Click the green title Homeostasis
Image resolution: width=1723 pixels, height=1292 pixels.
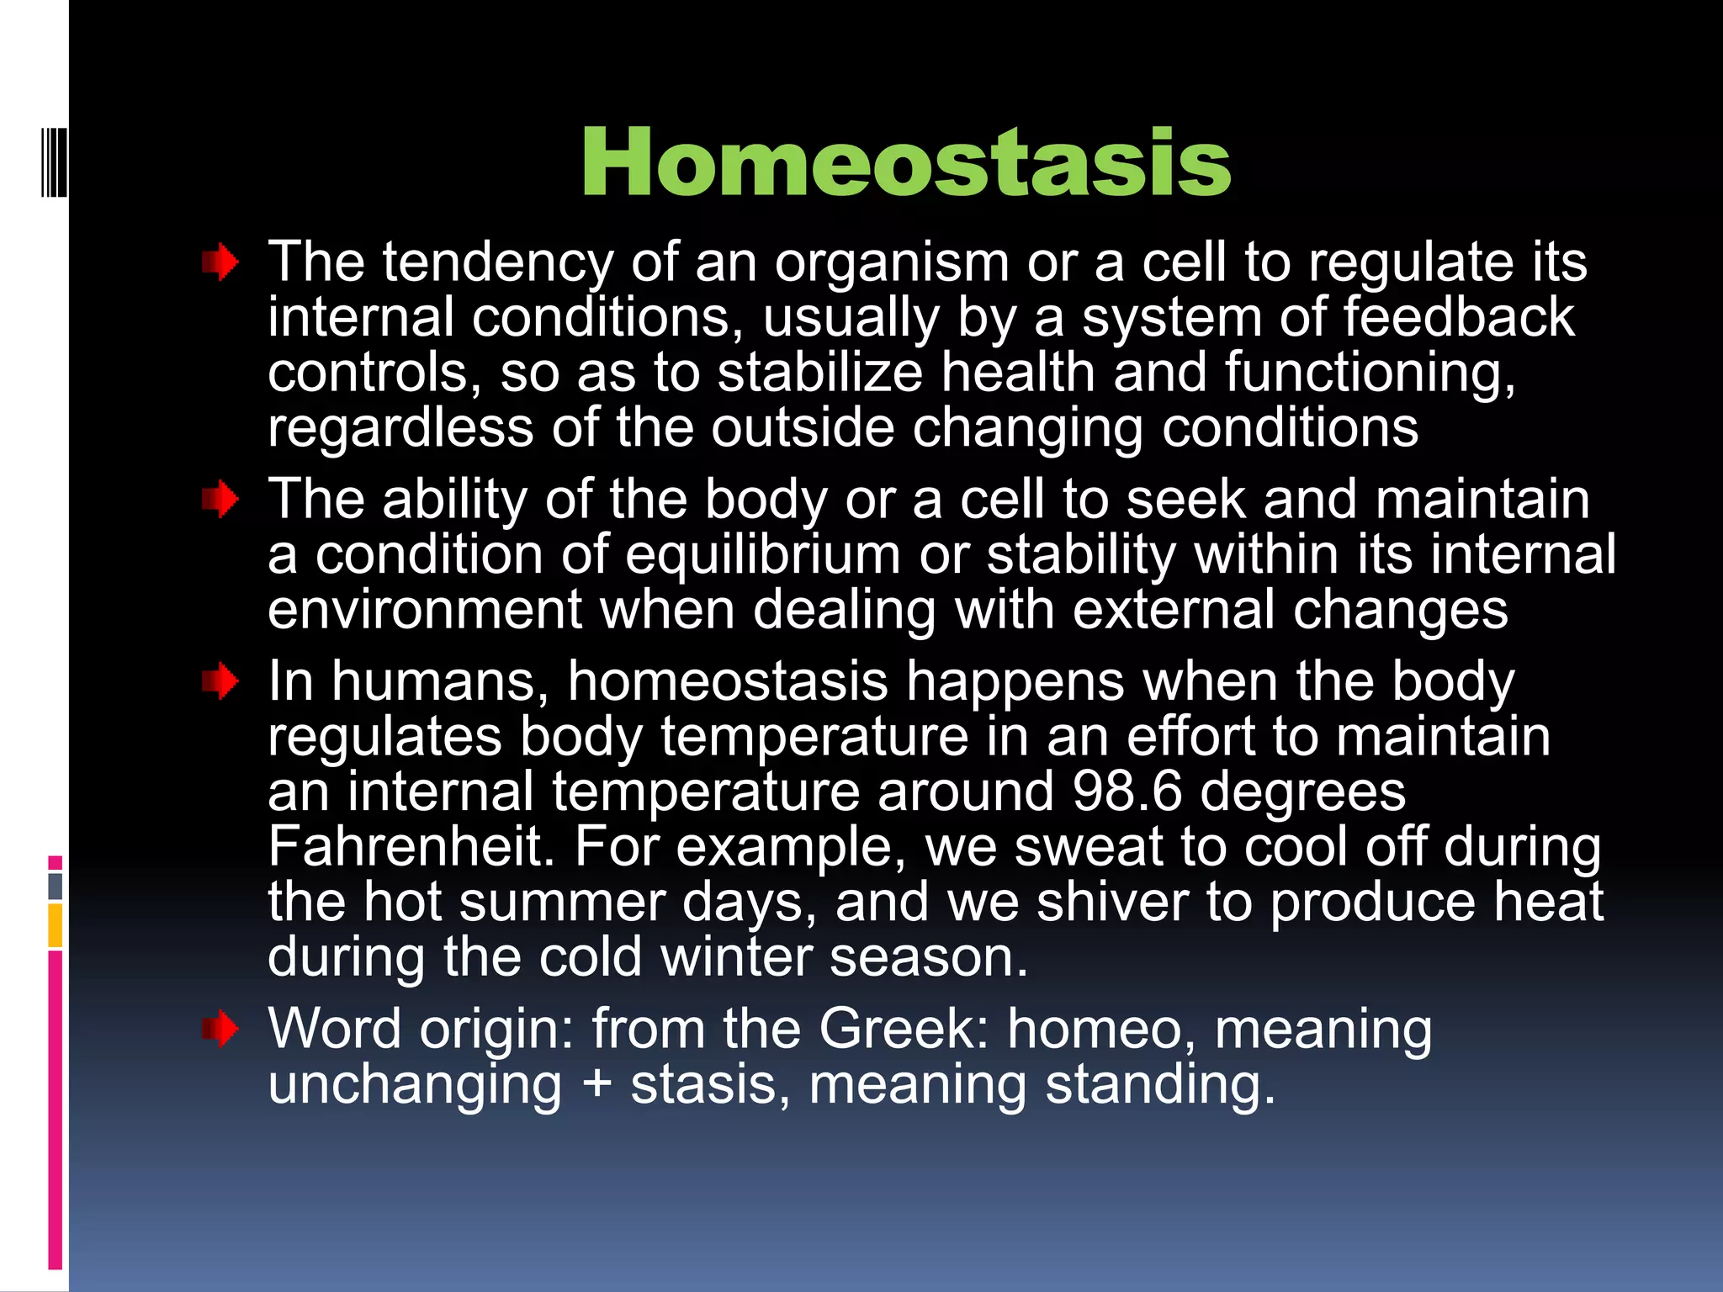[x=905, y=163]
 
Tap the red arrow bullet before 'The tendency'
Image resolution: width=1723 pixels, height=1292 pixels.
[x=220, y=263]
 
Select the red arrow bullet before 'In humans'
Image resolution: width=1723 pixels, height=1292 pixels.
[x=220, y=681]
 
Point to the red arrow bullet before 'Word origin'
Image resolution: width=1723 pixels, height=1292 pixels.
[x=220, y=1030]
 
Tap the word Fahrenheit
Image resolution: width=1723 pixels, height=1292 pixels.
[x=411, y=846]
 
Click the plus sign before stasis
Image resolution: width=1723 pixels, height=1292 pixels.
[x=596, y=1084]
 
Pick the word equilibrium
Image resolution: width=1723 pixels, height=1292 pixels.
[x=762, y=556]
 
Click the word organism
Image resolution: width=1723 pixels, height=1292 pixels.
[x=891, y=263]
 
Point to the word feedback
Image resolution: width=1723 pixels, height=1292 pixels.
[x=1458, y=318]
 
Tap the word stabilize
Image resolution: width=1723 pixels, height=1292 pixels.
[x=819, y=373]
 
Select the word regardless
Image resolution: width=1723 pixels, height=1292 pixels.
[x=400, y=429]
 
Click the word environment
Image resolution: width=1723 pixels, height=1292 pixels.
[x=425, y=611]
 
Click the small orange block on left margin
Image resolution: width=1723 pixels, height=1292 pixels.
[x=56, y=924]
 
